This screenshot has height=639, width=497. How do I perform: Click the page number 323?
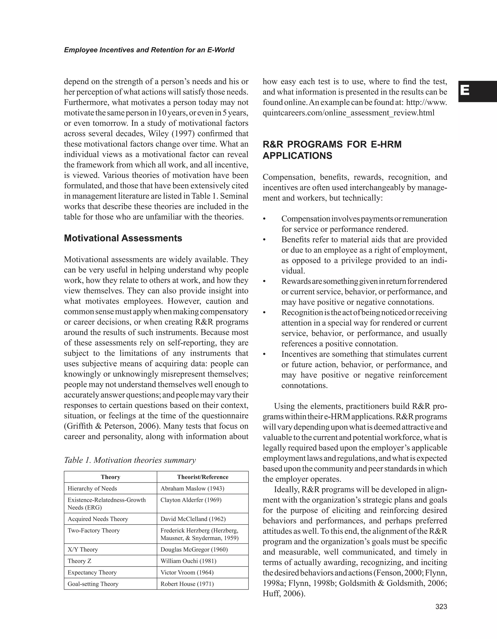(x=441, y=606)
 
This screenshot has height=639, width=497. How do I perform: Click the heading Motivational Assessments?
(x=123, y=238)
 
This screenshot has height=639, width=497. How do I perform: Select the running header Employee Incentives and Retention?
(x=149, y=50)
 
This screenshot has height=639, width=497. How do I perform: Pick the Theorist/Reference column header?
(x=202, y=477)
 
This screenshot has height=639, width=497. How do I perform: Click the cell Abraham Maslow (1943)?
(x=192, y=488)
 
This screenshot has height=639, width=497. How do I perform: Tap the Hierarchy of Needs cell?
(x=92, y=488)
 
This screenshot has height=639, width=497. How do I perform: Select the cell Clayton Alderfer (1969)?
(x=191, y=500)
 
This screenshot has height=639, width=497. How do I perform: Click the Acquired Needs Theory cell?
(x=98, y=519)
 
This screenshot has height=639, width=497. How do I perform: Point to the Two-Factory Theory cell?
(x=94, y=531)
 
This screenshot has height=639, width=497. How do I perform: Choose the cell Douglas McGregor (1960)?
(x=194, y=549)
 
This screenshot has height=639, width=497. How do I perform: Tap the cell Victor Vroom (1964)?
(x=187, y=572)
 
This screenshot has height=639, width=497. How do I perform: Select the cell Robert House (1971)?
(x=187, y=584)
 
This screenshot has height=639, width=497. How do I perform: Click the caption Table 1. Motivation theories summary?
(x=130, y=460)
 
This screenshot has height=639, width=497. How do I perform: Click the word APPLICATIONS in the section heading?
(x=297, y=156)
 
